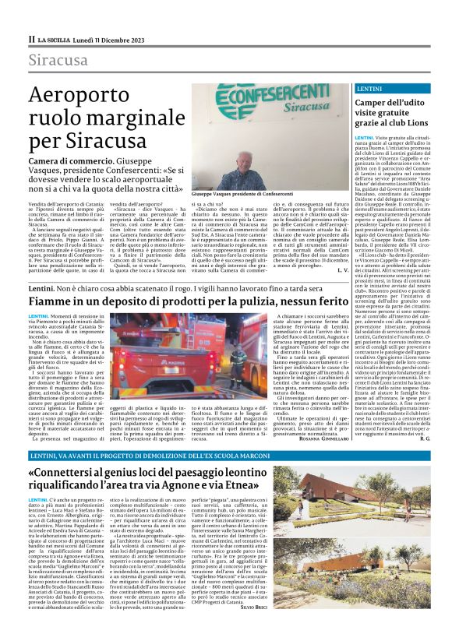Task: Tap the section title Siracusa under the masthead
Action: [58, 61]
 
